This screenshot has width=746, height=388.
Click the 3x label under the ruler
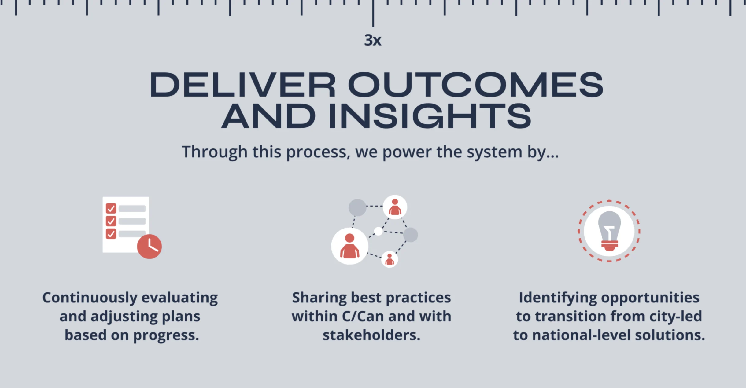373,40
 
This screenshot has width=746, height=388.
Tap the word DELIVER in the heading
243,85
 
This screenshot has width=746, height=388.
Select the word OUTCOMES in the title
476,85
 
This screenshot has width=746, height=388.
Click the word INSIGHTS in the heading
430,116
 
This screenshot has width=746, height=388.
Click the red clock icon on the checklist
149,246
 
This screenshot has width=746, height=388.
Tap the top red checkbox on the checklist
111,209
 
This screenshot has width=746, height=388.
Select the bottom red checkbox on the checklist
111,234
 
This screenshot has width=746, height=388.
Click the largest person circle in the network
350,246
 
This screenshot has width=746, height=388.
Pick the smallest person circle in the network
390,259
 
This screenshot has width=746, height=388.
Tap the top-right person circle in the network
395,207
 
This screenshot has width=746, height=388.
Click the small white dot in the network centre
379,231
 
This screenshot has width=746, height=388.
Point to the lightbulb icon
609,231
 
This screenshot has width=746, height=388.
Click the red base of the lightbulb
610,246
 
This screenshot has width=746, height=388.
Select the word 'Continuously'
90,298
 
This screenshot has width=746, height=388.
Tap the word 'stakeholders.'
371,335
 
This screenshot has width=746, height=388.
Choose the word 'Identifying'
558,298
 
